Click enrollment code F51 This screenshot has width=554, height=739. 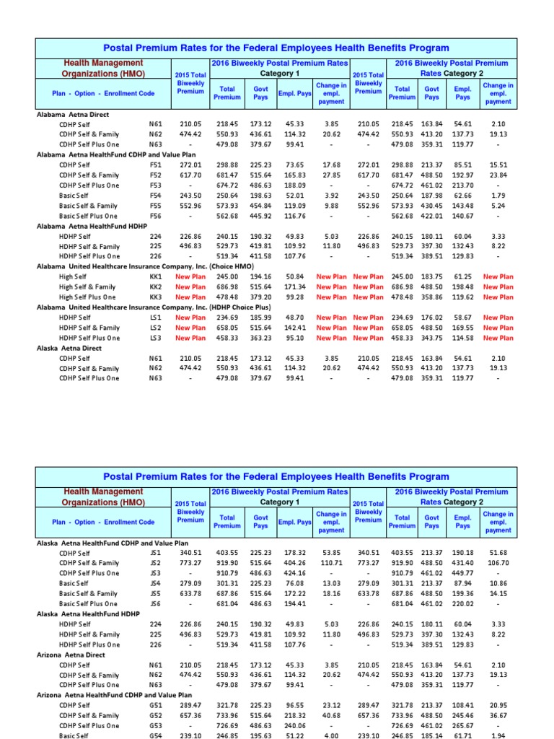pyautogui.click(x=155, y=165)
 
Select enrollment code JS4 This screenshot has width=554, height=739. pyautogui.click(x=156, y=582)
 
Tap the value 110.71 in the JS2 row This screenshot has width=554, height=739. pyautogui.click(x=331, y=562)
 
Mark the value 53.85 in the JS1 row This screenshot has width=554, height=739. pyautogui.click(x=331, y=552)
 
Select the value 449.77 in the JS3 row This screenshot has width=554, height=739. pyautogui.click(x=463, y=572)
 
